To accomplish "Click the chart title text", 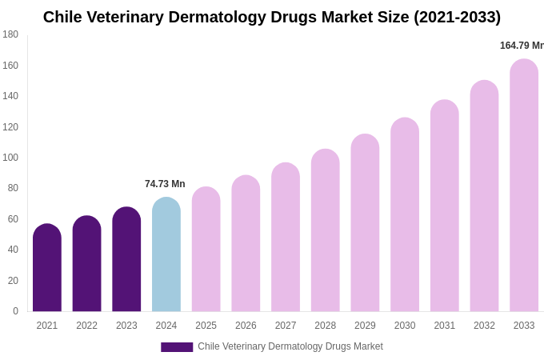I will point(272,17).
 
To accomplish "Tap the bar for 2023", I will point(126,260).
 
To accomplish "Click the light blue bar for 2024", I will point(166,255).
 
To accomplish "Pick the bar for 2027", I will point(286,238).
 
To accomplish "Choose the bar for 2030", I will point(405,215).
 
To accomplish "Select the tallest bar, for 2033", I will point(524,186).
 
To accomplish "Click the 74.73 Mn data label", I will point(165,184).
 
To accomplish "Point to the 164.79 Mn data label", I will point(522,46).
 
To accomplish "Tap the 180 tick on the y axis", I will point(10,34).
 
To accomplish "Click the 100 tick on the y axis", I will point(10,158).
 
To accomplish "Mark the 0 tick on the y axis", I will point(15,311).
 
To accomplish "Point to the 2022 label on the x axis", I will point(86,326).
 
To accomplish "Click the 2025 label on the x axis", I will point(206,326).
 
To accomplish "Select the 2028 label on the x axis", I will point(326,326).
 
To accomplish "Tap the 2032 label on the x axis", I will point(484,326).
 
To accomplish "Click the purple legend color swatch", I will point(177,347).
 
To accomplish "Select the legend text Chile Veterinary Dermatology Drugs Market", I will point(290,346).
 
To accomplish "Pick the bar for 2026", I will point(246,244).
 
